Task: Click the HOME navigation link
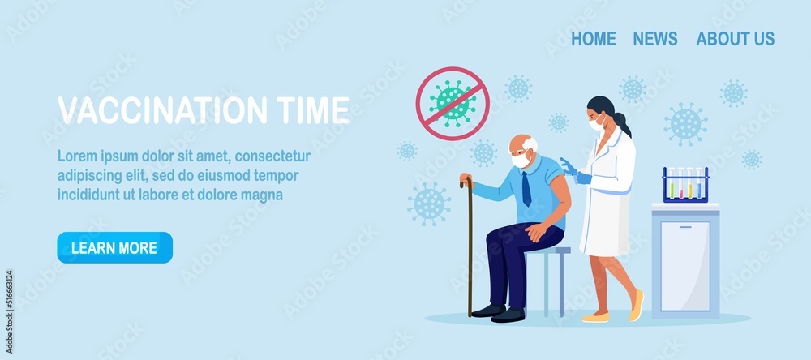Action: (594, 39)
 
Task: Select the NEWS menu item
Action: (654, 39)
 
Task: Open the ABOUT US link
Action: (735, 39)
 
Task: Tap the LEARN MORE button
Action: (115, 248)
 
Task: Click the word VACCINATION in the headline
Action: (162, 109)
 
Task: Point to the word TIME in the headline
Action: (313, 109)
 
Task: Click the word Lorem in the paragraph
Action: (74, 156)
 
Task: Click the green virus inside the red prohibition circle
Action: (453, 103)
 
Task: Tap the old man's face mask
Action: (521, 160)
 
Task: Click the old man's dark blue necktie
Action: (526, 189)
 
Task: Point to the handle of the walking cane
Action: (466, 182)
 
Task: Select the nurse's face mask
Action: (596, 124)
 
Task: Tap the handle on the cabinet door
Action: (685, 226)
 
